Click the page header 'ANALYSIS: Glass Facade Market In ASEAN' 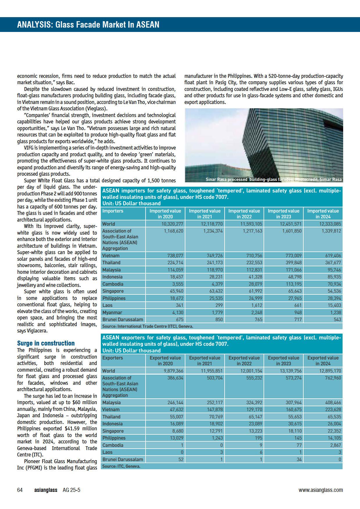pos(88,25)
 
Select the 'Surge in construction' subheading pos(46,343)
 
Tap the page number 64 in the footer pos(20,490)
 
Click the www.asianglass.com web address pos(320,490)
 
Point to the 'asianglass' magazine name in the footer pos(46,490)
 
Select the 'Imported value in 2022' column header pos(244,214)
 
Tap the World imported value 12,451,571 pos(291,224)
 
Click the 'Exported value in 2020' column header pos(165,361)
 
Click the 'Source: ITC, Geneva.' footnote pos(121,466)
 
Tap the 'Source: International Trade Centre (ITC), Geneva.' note pos(148,326)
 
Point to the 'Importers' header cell pos(113,211)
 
